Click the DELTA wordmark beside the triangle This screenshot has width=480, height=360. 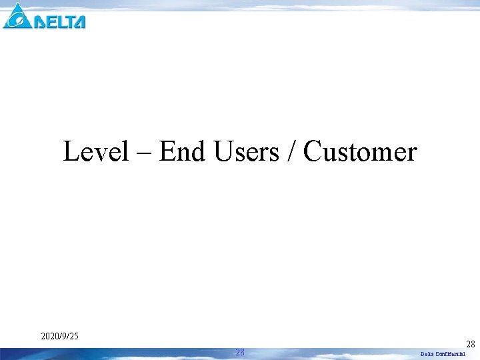coord(60,21)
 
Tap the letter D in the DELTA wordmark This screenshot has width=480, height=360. coord(41,21)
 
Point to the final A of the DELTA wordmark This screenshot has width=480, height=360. coord(79,21)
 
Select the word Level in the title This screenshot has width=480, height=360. coord(95,152)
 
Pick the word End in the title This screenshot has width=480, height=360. coord(182,152)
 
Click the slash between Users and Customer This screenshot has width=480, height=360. coord(291,152)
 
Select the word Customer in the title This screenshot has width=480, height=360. coord(360,152)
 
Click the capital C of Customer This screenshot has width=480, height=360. coord(313,152)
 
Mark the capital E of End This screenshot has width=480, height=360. coord(167,152)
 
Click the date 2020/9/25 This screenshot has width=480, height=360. coord(59,336)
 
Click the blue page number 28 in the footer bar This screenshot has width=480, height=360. coord(240,353)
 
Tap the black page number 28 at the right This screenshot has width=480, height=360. coord(471,344)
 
